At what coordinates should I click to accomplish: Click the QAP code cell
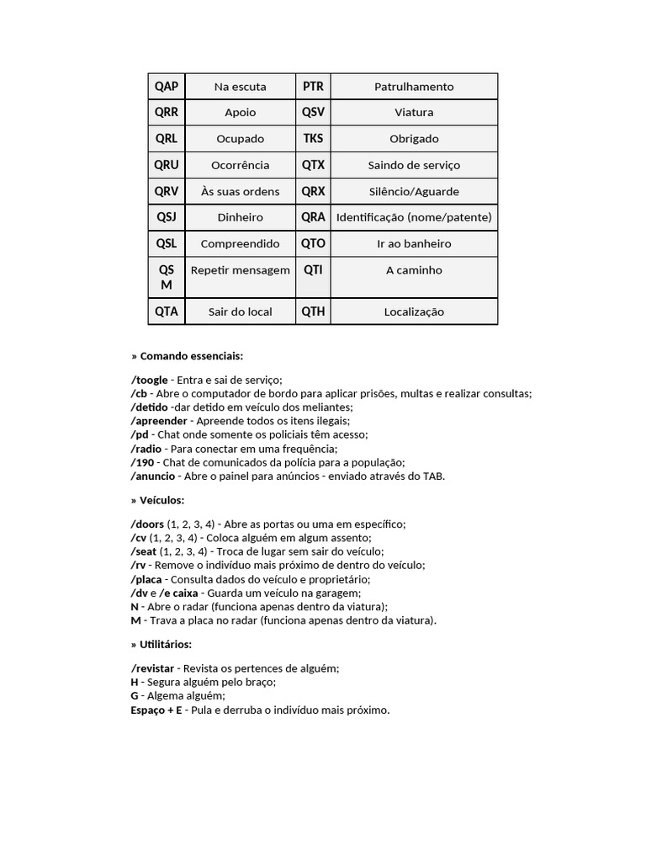pos(167,86)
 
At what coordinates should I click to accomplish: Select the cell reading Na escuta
pos(240,87)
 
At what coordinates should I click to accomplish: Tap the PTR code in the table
pos(313,86)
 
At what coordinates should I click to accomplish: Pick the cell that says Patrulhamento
pos(413,87)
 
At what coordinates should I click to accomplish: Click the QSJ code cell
pos(167,217)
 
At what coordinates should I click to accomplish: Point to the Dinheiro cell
pos(240,217)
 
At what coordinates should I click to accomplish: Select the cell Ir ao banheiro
pos(413,243)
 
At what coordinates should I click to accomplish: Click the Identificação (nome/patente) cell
pos(413,217)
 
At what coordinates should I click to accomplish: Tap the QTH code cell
pos(313,311)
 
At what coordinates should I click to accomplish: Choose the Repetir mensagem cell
pos(240,270)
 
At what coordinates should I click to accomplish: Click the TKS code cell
pos(313,138)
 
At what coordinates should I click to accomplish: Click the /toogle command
pos(149,380)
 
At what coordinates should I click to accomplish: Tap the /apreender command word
pos(159,421)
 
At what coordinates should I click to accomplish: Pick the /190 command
pos(143,462)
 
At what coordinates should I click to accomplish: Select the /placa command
pos(146,579)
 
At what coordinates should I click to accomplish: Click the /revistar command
pos(152,668)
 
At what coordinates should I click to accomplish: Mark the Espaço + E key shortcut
pos(156,710)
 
